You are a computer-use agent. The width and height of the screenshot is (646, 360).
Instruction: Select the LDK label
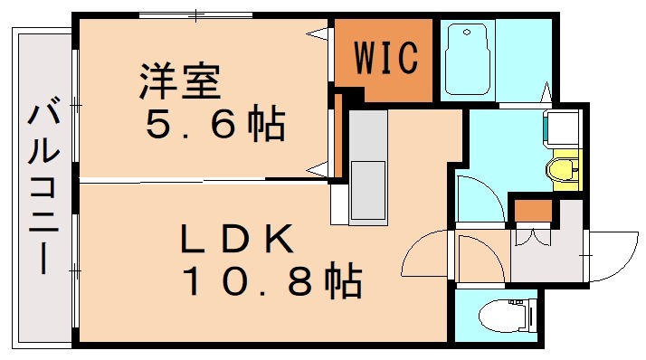pos(238,239)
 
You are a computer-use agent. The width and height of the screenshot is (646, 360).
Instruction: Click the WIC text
pos(385,59)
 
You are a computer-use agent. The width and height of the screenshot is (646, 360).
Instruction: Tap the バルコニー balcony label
pos(43,191)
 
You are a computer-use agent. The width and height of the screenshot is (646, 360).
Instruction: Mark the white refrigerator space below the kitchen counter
pos(339,204)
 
